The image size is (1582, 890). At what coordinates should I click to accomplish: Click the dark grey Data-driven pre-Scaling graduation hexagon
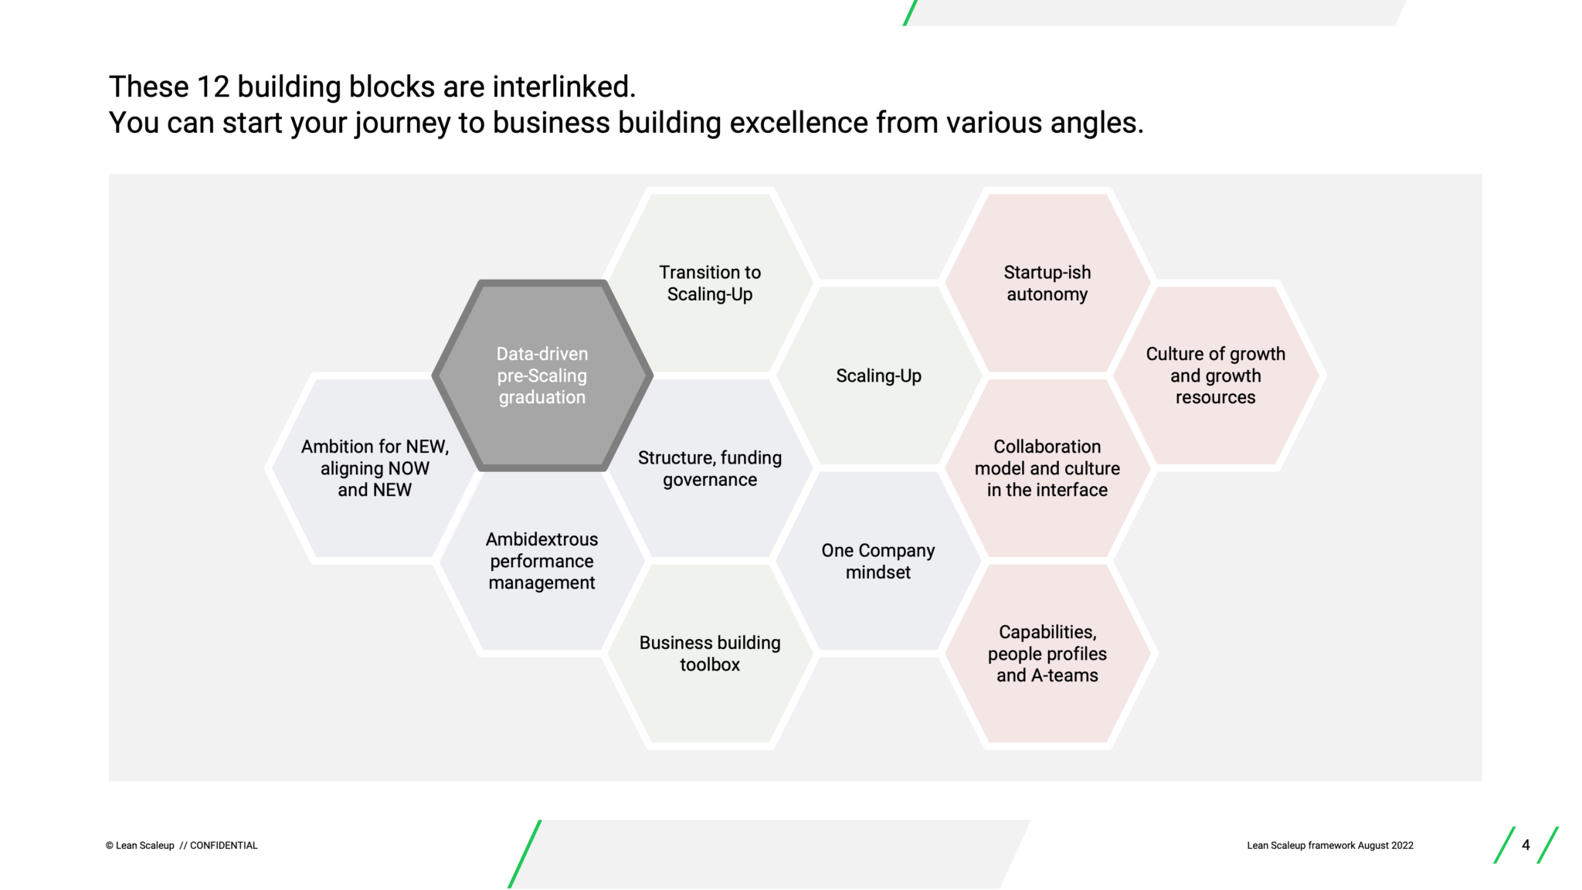tap(542, 375)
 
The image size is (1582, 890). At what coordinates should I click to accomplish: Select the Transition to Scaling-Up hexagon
tap(710, 283)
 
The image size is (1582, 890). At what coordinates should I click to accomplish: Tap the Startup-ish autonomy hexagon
tap(1047, 283)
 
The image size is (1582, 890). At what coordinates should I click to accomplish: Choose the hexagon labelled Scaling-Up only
tap(878, 375)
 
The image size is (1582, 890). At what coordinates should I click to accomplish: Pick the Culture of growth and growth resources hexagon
tap(1215, 375)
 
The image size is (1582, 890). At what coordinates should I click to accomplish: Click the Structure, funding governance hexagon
tap(710, 469)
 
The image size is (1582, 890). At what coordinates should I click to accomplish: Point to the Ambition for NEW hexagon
tap(375, 468)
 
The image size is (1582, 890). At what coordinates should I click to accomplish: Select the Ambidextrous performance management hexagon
tap(542, 561)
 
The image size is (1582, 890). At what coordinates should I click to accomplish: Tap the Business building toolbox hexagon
tap(710, 654)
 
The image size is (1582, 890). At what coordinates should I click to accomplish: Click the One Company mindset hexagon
tap(878, 561)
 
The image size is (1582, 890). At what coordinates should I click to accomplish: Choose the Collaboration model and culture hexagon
tap(1047, 468)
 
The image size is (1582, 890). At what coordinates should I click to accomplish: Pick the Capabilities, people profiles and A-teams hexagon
tap(1047, 654)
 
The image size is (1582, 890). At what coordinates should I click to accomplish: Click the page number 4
tap(1526, 845)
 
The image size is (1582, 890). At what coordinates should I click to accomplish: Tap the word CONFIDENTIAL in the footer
tap(223, 846)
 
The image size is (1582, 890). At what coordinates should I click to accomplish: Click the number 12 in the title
tap(212, 87)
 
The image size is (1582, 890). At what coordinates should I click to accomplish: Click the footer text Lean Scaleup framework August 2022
tap(1329, 846)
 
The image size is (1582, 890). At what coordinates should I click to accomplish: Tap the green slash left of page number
tap(1503, 845)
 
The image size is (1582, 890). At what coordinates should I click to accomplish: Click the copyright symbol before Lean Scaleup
tap(110, 846)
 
